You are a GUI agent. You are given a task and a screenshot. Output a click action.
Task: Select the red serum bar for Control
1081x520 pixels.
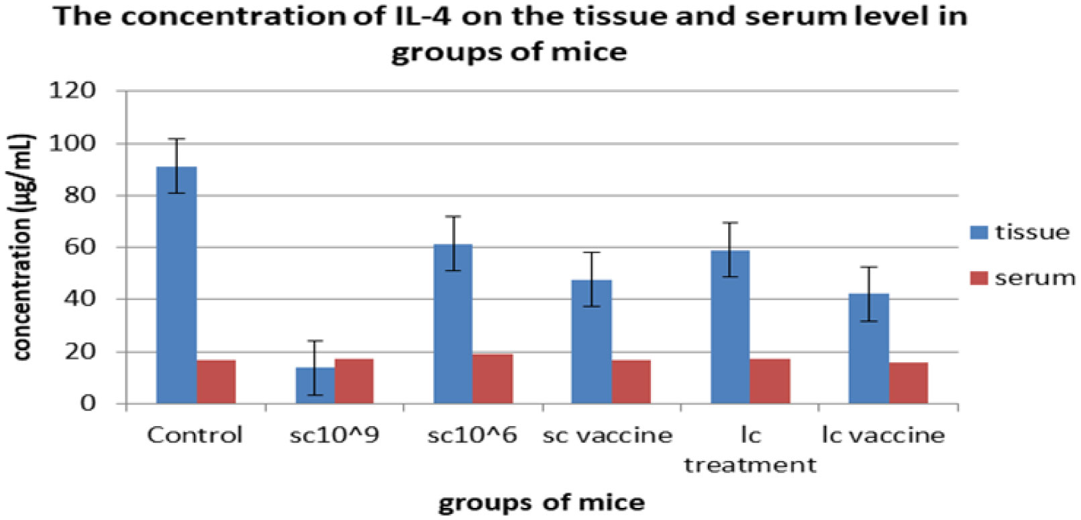(x=216, y=382)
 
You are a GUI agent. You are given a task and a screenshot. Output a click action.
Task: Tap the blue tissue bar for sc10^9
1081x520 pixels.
(x=315, y=386)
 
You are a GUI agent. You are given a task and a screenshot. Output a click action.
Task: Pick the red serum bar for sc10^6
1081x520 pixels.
(x=493, y=379)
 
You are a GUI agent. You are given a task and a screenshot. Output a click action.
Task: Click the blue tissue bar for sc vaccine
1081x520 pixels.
(x=591, y=342)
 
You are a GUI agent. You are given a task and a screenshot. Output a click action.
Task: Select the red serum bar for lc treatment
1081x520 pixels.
(x=770, y=381)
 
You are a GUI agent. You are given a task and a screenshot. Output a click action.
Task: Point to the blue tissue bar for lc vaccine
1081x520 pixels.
(x=869, y=349)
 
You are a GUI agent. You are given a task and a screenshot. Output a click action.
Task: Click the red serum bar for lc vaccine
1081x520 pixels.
(x=909, y=383)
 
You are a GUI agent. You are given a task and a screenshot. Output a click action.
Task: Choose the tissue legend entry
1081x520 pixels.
(x=1020, y=233)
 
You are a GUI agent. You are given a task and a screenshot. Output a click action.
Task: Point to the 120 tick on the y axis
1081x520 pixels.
(x=72, y=90)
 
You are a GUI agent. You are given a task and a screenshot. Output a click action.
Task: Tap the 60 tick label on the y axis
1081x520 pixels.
(x=79, y=247)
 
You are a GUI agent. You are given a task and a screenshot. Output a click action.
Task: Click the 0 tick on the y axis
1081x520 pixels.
(x=88, y=403)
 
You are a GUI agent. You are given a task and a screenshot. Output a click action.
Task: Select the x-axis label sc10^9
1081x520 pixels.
(x=334, y=435)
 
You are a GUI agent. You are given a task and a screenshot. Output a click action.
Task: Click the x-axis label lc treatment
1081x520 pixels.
(x=750, y=450)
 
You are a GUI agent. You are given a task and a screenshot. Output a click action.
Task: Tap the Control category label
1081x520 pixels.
(x=195, y=435)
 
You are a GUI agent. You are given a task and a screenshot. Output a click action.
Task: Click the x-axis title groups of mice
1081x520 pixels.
(x=542, y=502)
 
